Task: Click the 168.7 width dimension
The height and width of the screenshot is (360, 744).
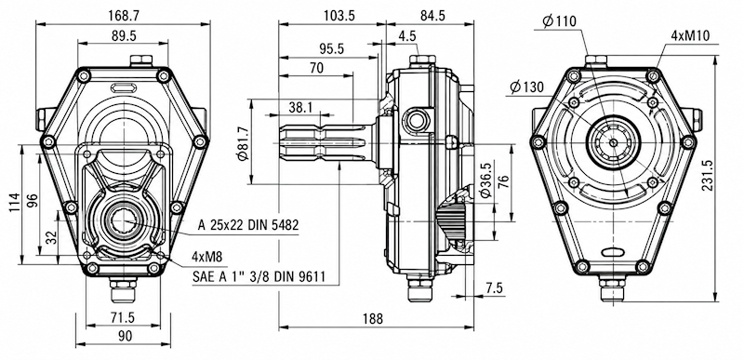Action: (x=124, y=15)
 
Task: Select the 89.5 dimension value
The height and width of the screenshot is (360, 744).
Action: (x=125, y=36)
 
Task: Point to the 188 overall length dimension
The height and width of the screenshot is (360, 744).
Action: (x=373, y=319)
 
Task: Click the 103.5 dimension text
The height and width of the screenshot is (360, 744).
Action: (x=339, y=15)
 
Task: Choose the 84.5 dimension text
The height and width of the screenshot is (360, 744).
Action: (x=432, y=15)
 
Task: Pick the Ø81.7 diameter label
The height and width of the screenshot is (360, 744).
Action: (x=243, y=143)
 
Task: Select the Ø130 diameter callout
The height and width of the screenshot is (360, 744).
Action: (x=526, y=87)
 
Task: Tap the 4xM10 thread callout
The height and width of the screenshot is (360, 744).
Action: (x=690, y=36)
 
